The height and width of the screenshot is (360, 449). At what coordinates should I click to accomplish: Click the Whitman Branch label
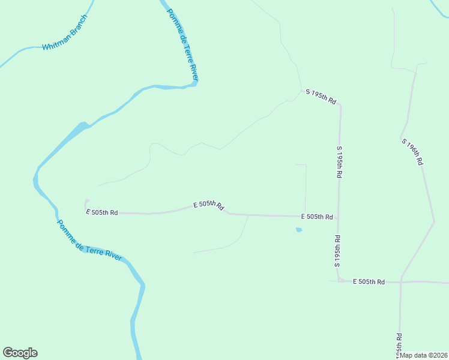(65, 37)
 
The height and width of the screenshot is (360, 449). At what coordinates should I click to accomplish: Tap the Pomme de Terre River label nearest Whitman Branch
(182, 45)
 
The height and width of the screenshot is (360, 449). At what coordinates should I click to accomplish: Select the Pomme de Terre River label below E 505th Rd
(89, 241)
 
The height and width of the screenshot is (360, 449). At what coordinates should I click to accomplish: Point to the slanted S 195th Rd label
(321, 96)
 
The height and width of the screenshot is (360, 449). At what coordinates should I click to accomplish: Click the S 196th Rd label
(413, 152)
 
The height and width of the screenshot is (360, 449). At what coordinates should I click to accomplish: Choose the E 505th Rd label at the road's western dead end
(101, 212)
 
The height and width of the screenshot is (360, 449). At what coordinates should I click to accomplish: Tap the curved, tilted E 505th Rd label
(208, 205)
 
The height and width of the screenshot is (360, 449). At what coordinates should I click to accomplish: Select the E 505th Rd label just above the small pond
(316, 216)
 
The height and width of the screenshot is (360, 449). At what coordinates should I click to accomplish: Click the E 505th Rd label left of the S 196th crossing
(368, 281)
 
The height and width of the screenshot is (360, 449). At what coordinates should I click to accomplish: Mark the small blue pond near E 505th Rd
(298, 229)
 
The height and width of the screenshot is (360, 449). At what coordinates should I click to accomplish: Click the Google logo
(20, 353)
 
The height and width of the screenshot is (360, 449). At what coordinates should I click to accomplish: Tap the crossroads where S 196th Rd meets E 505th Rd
(400, 281)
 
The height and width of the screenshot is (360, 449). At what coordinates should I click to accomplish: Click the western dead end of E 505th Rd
(86, 202)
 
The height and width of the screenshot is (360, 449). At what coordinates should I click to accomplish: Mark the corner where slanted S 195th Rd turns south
(340, 106)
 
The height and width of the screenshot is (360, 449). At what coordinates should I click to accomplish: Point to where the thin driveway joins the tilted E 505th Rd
(248, 215)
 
